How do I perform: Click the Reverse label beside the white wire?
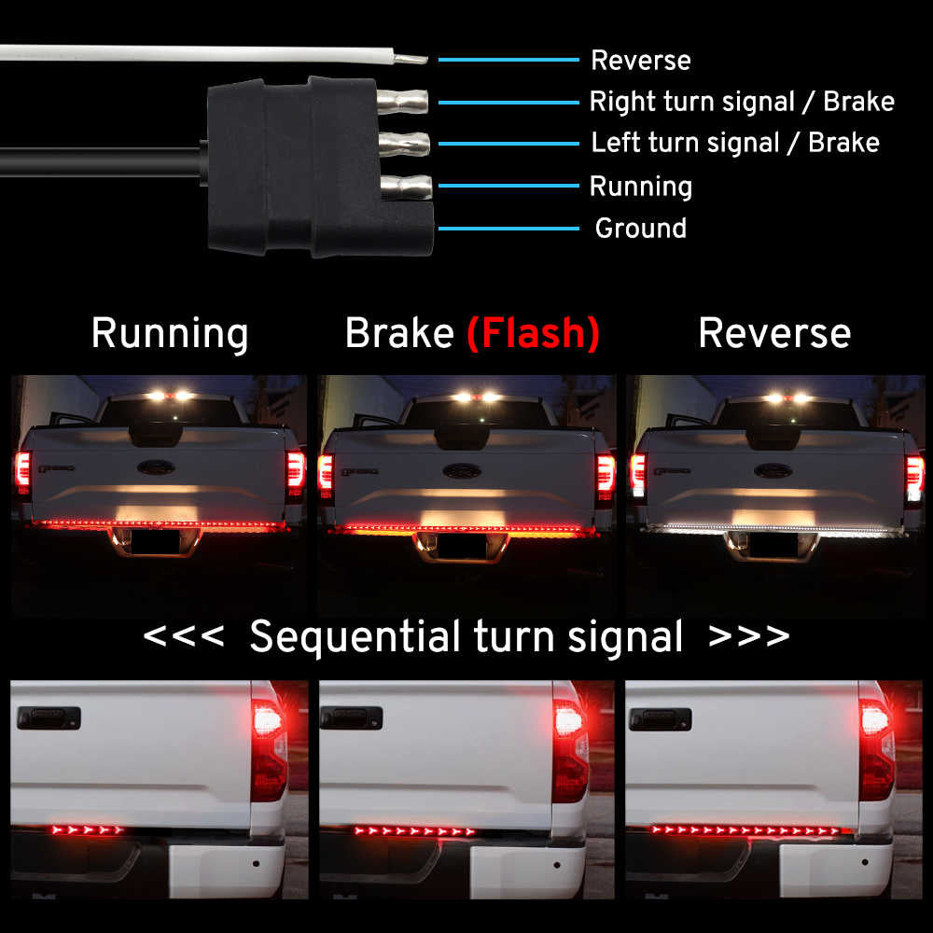[x=640, y=61]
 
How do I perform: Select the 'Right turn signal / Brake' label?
[x=741, y=102]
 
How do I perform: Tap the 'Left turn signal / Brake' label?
[x=734, y=143]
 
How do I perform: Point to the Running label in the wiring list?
[x=640, y=187]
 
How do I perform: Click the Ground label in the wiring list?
[x=640, y=229]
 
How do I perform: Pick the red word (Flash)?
[x=533, y=334]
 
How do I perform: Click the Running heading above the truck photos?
[x=170, y=334]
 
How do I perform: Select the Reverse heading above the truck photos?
[x=774, y=334]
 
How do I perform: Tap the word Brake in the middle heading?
[x=399, y=334]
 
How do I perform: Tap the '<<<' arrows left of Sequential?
[x=184, y=637]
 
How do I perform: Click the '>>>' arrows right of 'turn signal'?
[x=749, y=637]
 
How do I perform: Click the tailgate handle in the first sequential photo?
[x=49, y=717]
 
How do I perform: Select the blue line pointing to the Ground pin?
[x=508, y=229]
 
